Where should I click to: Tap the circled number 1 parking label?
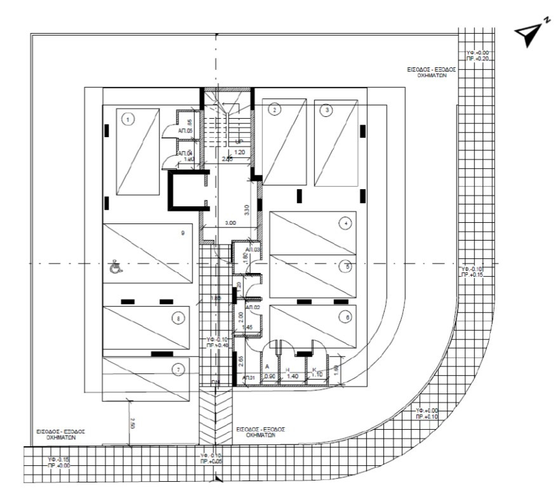point(128,118)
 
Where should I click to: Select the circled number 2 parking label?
point(274,110)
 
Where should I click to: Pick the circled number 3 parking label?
point(327,110)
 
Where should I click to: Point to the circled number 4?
point(345,223)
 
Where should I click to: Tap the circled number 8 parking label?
point(179,317)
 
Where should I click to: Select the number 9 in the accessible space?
point(182,234)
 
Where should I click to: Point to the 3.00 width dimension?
point(230,223)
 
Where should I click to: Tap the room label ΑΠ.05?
point(185,131)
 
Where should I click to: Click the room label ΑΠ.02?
point(252,307)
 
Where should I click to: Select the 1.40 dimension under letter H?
point(293,376)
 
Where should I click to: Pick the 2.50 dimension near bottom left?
point(131,421)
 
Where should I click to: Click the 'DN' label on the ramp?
point(217,382)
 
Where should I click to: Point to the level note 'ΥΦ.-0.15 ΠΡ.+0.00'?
point(60,461)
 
